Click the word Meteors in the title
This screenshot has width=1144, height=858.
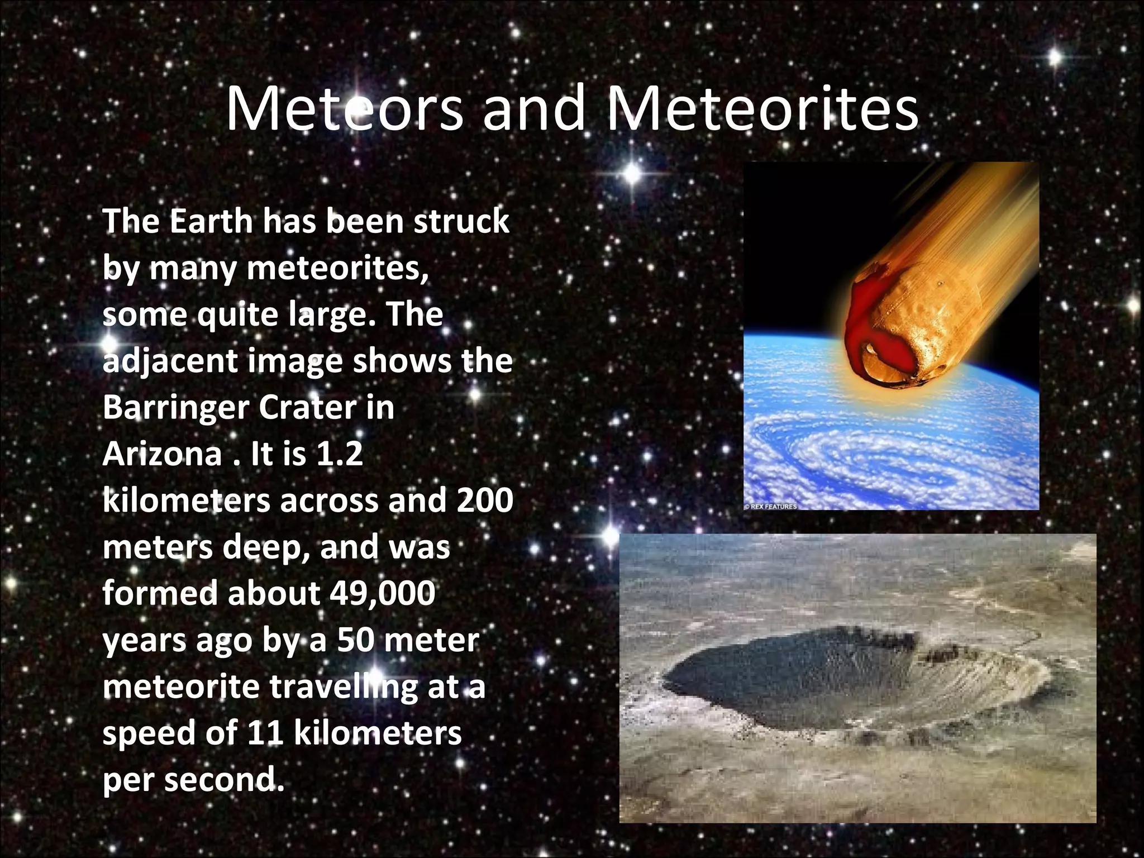pos(344,108)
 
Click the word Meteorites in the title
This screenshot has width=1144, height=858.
pos(762,108)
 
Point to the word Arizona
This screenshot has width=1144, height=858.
pos(162,454)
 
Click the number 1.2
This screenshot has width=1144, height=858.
pos(339,454)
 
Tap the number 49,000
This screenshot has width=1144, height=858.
pos(382,593)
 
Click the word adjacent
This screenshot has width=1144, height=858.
pos(170,361)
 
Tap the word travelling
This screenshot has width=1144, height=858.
pos(344,687)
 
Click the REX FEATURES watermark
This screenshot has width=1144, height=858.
pos(771,507)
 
